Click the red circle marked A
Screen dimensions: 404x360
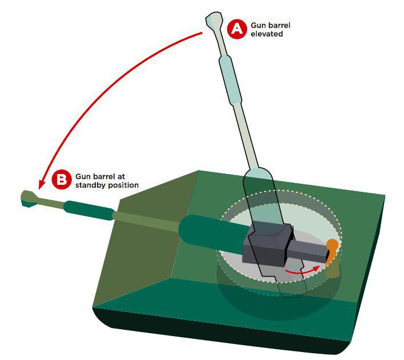[237, 29]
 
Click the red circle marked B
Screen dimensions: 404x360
[61, 179]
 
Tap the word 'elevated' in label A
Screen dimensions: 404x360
[266, 34]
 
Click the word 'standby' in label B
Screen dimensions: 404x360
[90, 185]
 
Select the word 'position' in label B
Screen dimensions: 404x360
[123, 185]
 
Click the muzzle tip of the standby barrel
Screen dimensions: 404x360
[22, 199]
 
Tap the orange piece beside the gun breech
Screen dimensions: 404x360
[332, 250]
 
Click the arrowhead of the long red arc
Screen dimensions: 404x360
[41, 185]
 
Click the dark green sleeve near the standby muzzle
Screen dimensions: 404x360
[89, 211]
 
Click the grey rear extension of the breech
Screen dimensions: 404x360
[308, 250]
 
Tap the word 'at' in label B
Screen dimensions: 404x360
[121, 177]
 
